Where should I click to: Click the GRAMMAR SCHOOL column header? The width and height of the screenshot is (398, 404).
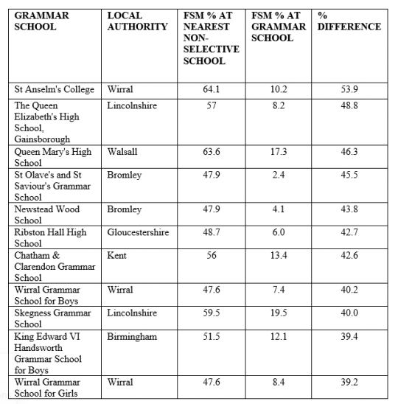tap(43, 21)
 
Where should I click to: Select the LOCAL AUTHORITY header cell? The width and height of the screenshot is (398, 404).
tap(137, 21)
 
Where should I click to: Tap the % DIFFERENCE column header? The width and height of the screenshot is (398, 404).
tap(348, 21)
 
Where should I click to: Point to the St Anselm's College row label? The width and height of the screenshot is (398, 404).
tap(55, 90)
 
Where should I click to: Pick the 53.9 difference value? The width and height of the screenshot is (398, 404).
tap(350, 90)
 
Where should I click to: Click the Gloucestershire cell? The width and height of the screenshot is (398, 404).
tap(138, 232)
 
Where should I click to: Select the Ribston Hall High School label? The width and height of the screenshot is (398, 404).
tap(51, 237)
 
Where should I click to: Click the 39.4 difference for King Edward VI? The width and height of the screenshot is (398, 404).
tap(350, 337)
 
